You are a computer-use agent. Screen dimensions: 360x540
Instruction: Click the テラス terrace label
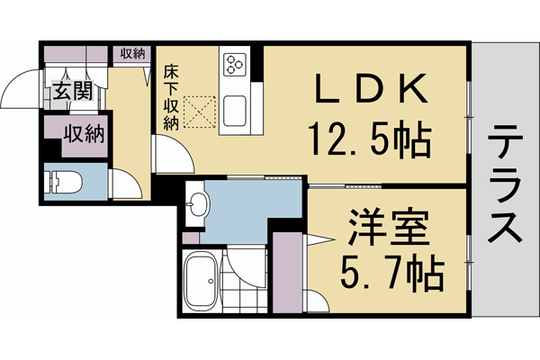click(504, 184)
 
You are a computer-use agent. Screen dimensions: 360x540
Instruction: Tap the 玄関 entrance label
click(70, 91)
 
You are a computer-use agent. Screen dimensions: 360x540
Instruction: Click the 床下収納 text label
click(170, 97)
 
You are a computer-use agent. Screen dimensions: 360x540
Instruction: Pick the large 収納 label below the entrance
click(83, 135)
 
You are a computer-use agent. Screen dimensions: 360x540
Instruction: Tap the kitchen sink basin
click(238, 110)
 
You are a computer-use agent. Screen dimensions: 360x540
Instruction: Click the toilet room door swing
click(127, 184)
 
